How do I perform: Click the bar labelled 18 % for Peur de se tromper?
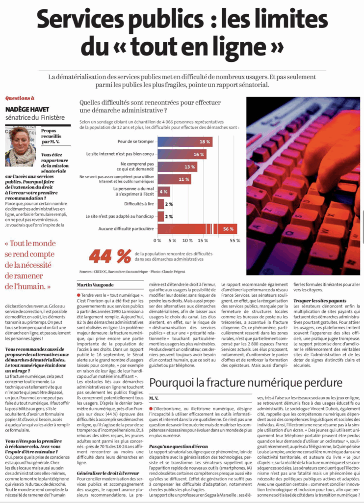[185, 141]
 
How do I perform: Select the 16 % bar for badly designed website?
[182, 154]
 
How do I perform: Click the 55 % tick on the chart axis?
[235, 241]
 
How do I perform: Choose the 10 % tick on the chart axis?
[187, 241]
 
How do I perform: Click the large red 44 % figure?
[110, 255]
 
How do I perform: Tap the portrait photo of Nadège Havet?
[20, 147]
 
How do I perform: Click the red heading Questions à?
[20, 98]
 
